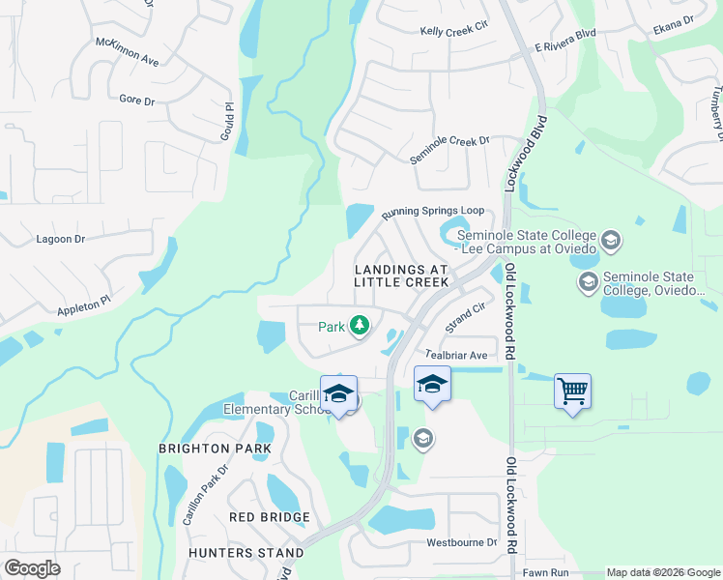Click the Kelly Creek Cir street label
pyautogui.click(x=454, y=32)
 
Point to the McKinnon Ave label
pyautogui.click(x=127, y=52)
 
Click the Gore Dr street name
pyautogui.click(x=137, y=100)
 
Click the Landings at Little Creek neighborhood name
pyautogui.click(x=401, y=275)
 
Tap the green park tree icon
pyautogui.click(x=360, y=326)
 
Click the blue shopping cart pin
pyautogui.click(x=572, y=391)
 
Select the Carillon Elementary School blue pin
pyautogui.click(x=338, y=393)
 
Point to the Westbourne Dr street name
pyautogui.click(x=461, y=543)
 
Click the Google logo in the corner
pyautogui.click(x=33, y=568)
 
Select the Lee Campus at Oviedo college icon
pyautogui.click(x=610, y=239)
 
